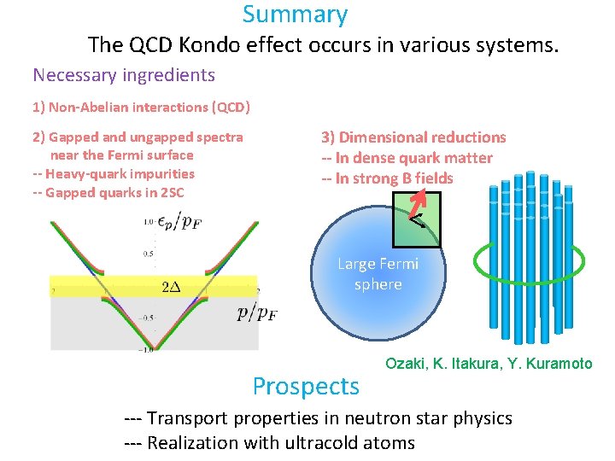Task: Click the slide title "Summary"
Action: (x=295, y=15)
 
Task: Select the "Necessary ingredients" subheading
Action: (x=123, y=75)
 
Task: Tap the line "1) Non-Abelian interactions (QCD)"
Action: (x=141, y=108)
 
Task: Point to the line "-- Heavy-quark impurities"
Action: (x=113, y=173)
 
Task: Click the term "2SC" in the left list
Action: (x=170, y=192)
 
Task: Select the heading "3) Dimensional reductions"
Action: (x=413, y=137)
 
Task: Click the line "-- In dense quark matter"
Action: (x=407, y=158)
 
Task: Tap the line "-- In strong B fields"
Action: (x=387, y=178)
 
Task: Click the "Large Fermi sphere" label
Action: (x=378, y=274)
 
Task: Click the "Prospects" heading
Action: (x=306, y=387)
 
